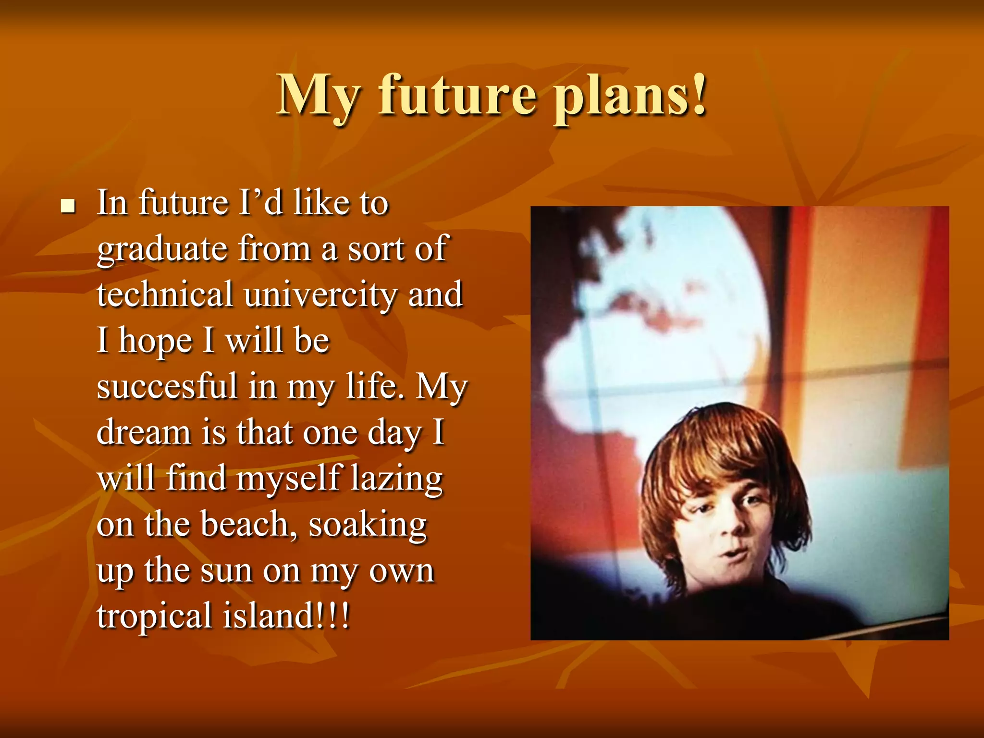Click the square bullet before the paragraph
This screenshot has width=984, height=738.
point(68,207)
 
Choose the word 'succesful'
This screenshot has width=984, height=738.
point(167,386)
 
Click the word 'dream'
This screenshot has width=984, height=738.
point(144,432)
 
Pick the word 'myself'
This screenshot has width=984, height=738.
point(288,479)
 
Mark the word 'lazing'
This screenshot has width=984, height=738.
point(396,479)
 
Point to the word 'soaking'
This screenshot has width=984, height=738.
point(367,525)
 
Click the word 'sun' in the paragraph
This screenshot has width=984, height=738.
point(226,571)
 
